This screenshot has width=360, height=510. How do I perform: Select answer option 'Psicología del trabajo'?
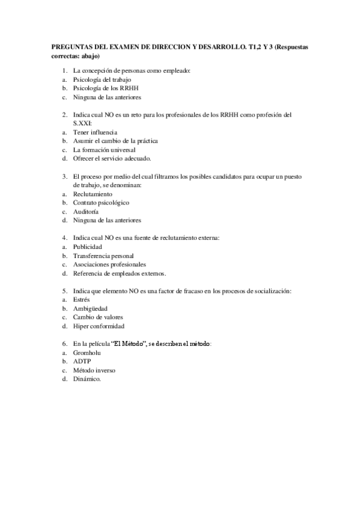[102, 79]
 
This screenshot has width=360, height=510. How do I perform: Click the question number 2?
[64, 114]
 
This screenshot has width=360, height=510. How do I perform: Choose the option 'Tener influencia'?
[95, 132]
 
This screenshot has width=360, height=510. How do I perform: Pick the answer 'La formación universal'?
[105, 149]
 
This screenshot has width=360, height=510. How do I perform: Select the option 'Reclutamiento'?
[93, 194]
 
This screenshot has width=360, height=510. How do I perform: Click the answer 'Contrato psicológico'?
[102, 203]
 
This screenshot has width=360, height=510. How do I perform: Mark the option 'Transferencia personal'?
[103, 256]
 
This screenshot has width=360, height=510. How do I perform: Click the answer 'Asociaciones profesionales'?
[109, 265]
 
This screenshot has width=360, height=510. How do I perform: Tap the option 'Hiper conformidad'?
[99, 326]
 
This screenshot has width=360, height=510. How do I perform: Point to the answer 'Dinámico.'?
[87, 379]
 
